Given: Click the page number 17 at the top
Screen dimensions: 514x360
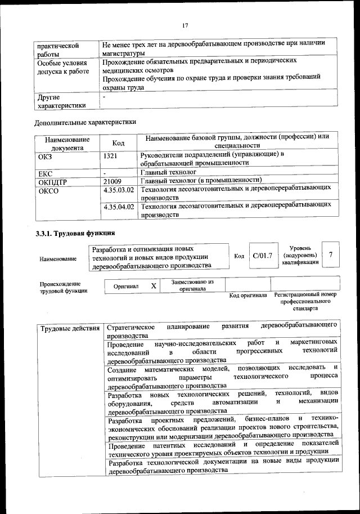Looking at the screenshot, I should pyautogui.click(x=184, y=24).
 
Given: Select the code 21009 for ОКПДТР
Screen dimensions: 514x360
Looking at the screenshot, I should pyautogui.click(x=113, y=181).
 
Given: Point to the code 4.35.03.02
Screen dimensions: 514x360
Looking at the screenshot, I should pyautogui.click(x=119, y=190).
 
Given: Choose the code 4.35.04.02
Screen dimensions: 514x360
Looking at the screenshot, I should pyautogui.click(x=119, y=207).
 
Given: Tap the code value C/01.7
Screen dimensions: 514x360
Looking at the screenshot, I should pyautogui.click(x=262, y=256).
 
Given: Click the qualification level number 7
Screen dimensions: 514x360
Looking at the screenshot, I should pyautogui.click(x=331, y=255).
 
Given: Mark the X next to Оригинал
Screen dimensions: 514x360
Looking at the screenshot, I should pyautogui.click(x=154, y=285).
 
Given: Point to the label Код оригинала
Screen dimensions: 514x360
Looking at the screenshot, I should pyautogui.click(x=248, y=296).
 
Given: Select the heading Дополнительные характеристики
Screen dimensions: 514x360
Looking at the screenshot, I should pyautogui.click(x=85, y=121).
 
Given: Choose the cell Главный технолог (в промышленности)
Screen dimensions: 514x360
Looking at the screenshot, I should pyautogui.click(x=194, y=181).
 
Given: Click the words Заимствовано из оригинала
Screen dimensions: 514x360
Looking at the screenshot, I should pyautogui.click(x=192, y=285).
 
